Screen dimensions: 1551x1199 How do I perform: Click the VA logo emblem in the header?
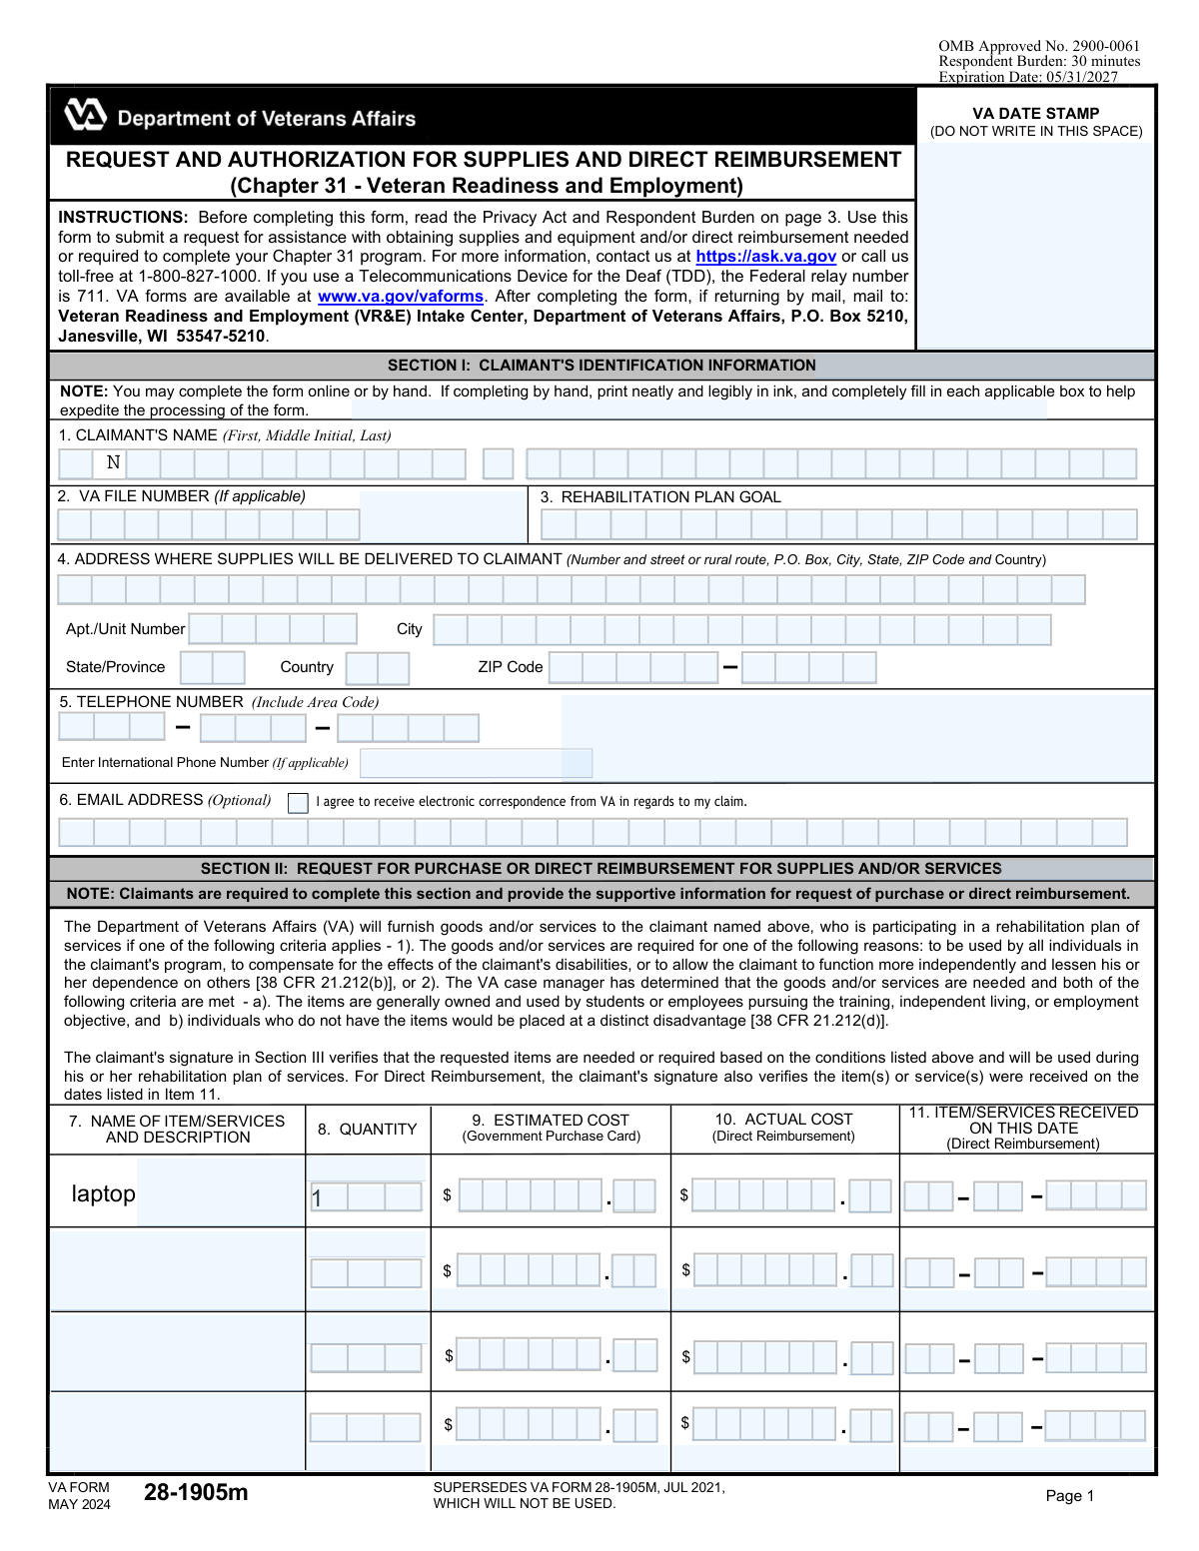tap(85, 116)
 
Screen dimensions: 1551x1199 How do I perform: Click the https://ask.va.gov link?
tap(765, 257)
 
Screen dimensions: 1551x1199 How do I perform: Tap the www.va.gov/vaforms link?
tap(400, 297)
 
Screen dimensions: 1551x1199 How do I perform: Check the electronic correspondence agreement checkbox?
tap(298, 803)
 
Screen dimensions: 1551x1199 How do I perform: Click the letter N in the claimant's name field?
tap(113, 462)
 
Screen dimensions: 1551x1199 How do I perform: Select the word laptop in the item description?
tap(103, 1193)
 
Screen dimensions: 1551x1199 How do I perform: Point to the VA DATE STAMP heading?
tap(1035, 114)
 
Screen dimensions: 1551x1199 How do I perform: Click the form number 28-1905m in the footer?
tap(196, 1493)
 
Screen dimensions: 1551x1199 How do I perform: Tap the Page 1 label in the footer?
tap(1070, 1495)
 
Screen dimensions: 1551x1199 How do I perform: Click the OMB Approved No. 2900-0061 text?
tap(1038, 46)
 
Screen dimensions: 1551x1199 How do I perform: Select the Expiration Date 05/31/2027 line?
tap(1028, 77)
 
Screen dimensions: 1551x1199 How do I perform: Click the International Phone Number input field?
tap(476, 763)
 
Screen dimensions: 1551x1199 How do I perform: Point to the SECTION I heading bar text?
tap(601, 366)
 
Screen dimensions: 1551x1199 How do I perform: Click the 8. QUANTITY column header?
tap(367, 1130)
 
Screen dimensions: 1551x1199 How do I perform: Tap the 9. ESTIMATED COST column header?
tap(551, 1128)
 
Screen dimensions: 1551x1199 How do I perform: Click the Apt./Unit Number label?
tap(125, 629)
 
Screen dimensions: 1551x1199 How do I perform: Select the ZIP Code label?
tap(510, 667)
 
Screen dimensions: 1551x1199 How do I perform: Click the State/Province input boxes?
tap(213, 667)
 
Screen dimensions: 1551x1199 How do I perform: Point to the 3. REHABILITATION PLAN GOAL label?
tap(660, 497)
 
